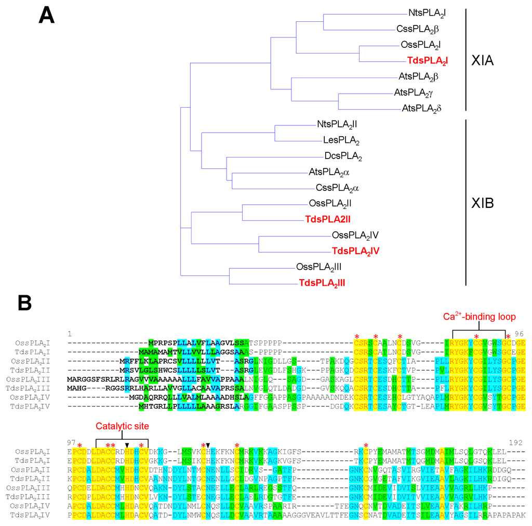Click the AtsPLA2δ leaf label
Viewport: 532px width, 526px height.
pyautogui.click(x=421, y=109)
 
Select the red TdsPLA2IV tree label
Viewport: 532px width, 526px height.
pyautogui.click(x=355, y=251)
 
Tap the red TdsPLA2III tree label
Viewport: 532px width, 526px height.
pyautogui.click(x=322, y=283)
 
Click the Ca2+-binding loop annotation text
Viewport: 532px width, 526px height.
pyautogui.click(x=479, y=317)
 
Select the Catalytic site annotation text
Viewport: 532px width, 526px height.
pyautogui.click(x=122, y=426)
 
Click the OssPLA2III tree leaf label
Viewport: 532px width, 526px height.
pyautogui.click(x=318, y=267)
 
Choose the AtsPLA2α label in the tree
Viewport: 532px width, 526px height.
pyautogui.click(x=333, y=172)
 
